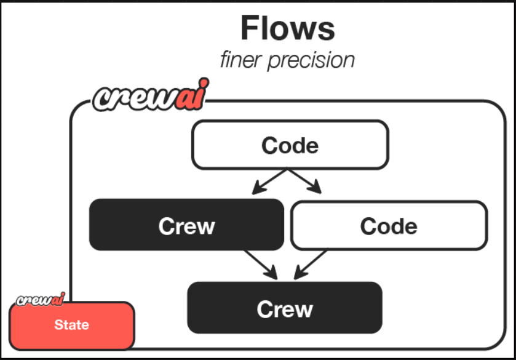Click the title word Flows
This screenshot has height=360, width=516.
tap(287, 28)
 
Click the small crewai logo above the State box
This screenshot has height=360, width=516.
tap(41, 300)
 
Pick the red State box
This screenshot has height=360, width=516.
tap(72, 325)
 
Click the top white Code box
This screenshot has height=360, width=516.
tap(290, 145)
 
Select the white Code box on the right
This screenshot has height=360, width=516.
tap(389, 225)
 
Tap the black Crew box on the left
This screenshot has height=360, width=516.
tap(186, 225)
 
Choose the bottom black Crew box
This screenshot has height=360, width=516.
tap(285, 308)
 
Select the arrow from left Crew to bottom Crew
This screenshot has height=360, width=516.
tap(260, 264)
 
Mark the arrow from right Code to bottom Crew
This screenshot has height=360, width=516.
tap(311, 264)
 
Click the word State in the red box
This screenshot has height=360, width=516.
tap(72, 325)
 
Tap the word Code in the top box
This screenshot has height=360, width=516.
tap(290, 145)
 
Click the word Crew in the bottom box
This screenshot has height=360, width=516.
tap(285, 308)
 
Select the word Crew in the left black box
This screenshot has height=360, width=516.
tap(186, 226)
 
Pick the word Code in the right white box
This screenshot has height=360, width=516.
tap(389, 226)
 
